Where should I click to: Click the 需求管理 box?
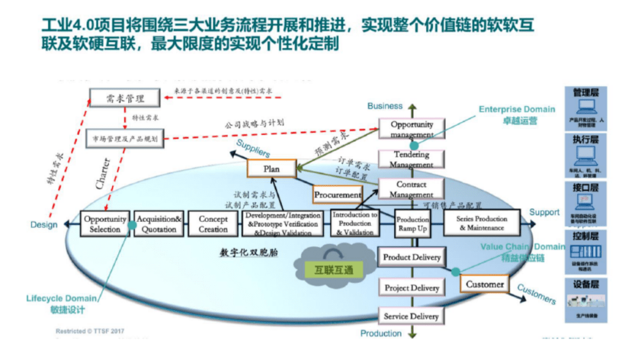[125, 98]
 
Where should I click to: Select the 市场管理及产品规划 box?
[125, 139]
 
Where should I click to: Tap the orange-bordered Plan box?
[271, 168]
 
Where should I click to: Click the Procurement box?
[338, 194]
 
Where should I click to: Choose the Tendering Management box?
[412, 159]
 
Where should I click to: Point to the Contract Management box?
[412, 189]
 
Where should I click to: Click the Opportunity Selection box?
[104, 224]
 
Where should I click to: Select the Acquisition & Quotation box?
[158, 224]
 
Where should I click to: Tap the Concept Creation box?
[213, 224]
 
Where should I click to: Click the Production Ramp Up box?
[412, 224]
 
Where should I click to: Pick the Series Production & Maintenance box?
[481, 224]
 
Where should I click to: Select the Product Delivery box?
[412, 257]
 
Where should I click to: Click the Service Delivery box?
[412, 316]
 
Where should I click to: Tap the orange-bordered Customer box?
[484, 285]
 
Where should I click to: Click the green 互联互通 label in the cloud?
[333, 270]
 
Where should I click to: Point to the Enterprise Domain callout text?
[517, 109]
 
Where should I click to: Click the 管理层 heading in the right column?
[585, 93]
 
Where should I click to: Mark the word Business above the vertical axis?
[385, 106]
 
